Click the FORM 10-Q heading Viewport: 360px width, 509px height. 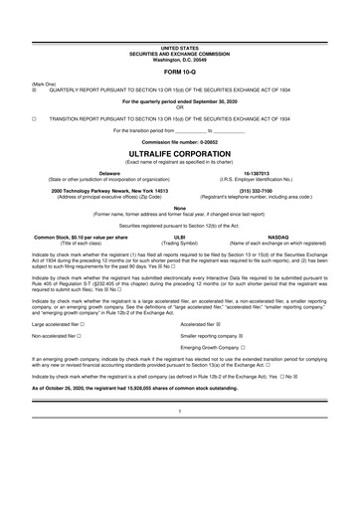(179, 73)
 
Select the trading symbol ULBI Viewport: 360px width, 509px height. (180, 238)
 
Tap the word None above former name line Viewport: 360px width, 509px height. (179, 207)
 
